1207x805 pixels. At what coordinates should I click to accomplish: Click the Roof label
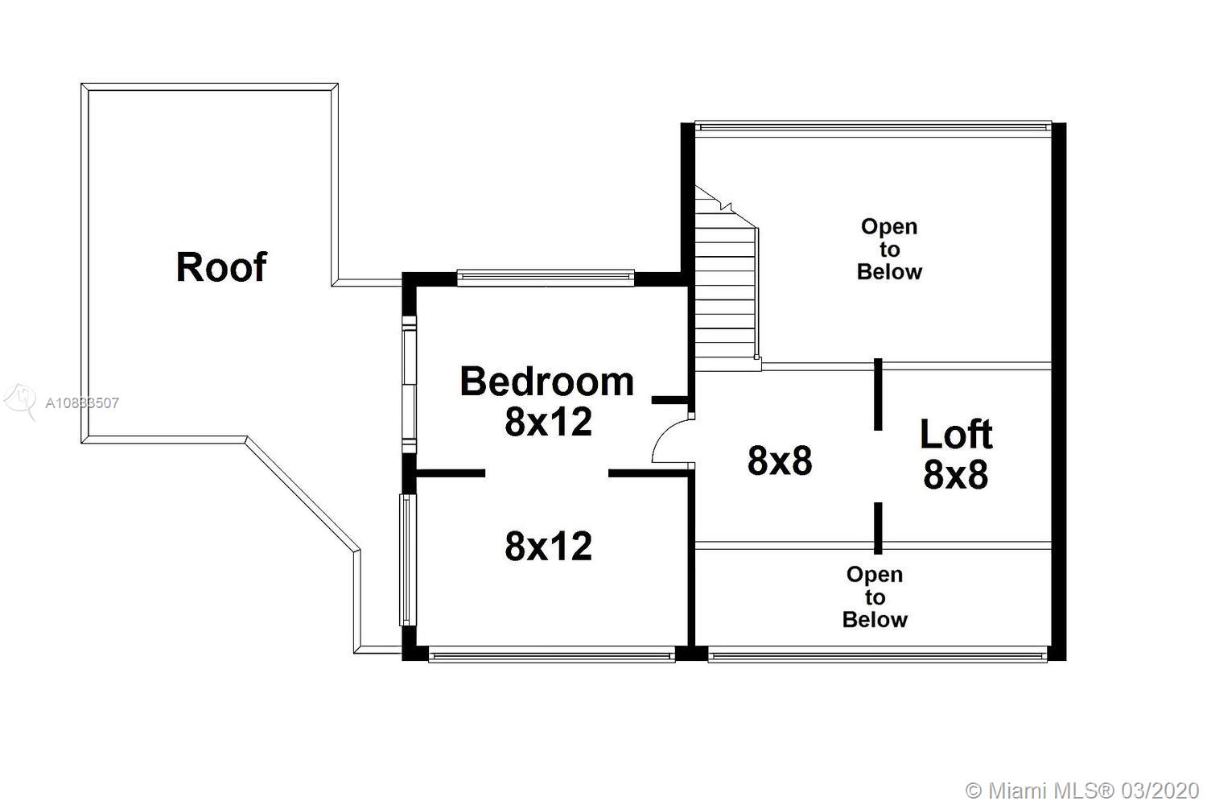click(221, 267)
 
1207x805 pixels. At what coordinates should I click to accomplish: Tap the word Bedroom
click(547, 382)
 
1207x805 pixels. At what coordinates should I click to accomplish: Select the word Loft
click(956, 434)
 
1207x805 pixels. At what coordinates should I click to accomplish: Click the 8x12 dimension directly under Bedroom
click(549, 422)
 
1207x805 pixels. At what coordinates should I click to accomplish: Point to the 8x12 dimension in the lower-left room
click(549, 546)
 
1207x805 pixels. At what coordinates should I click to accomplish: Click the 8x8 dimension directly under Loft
click(956, 474)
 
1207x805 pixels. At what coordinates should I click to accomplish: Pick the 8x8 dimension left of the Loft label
click(780, 461)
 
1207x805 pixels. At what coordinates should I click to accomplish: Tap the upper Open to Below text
click(889, 249)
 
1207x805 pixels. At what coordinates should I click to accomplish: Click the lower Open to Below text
click(875, 597)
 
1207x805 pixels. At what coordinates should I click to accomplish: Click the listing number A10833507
click(82, 403)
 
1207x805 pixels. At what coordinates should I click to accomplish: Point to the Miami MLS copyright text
click(1082, 791)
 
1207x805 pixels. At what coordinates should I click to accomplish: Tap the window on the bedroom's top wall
click(546, 279)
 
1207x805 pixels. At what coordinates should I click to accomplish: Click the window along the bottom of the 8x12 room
click(552, 654)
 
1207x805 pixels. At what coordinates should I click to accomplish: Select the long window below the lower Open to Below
click(878, 654)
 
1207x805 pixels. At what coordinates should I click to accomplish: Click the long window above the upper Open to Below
click(873, 128)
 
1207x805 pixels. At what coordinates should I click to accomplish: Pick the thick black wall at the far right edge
click(1059, 391)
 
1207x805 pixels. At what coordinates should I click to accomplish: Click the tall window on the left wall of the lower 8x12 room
click(407, 559)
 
